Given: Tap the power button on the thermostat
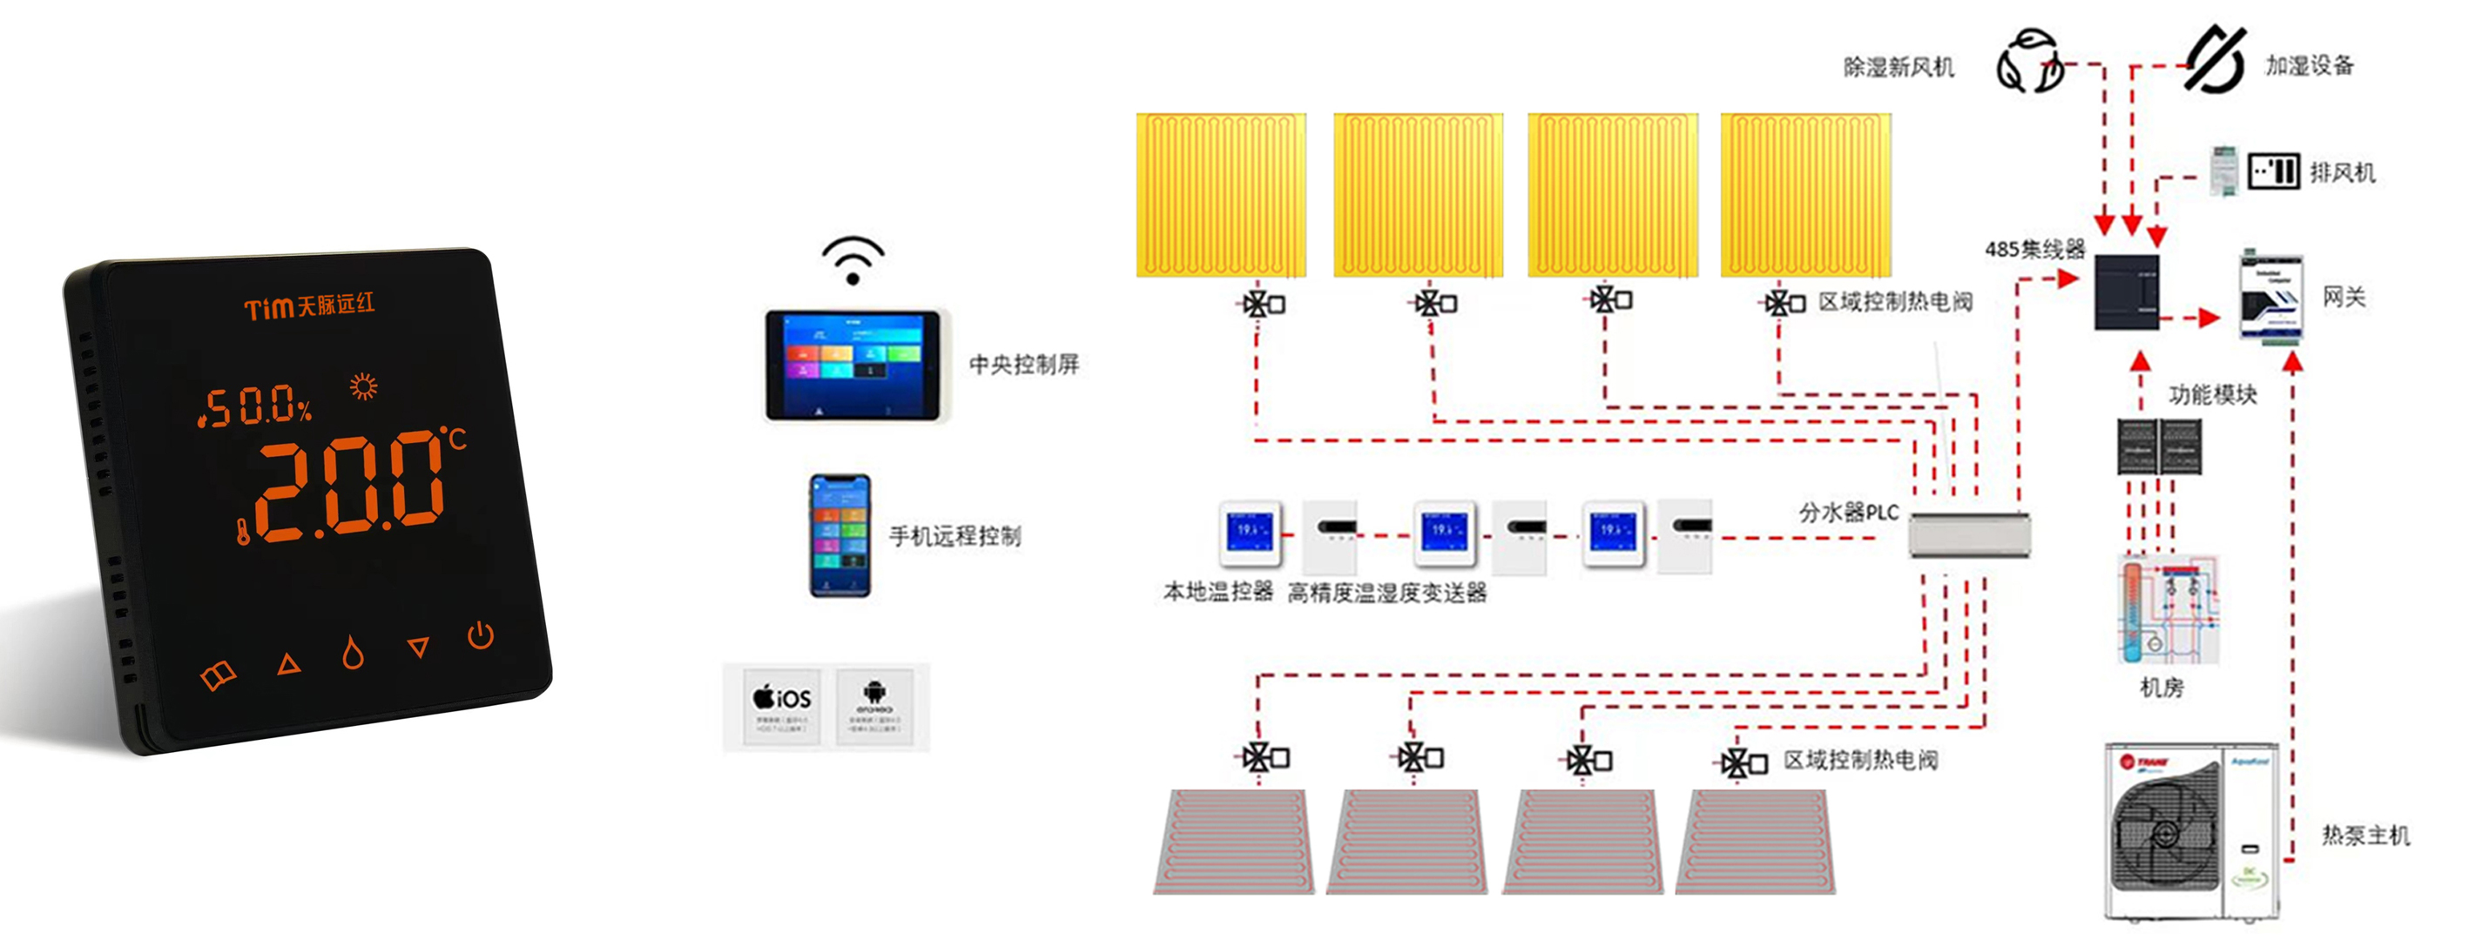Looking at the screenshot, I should point(480,635).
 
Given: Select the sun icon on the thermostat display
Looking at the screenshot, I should point(363,386).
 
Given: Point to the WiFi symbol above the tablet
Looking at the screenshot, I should point(852,260).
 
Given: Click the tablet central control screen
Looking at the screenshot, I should point(852,364).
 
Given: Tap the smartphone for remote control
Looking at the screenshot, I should point(840,535).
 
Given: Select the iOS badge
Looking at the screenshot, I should point(782,707).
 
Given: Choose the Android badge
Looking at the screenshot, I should point(874,707).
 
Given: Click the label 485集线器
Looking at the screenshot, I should point(2034,250).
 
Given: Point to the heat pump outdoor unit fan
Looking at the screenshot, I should point(2164,833).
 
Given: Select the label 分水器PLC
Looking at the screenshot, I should point(1848,513).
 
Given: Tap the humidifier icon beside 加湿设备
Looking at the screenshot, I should point(2215,59).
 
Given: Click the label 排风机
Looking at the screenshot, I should point(2342,173).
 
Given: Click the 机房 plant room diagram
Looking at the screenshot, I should point(2167,609).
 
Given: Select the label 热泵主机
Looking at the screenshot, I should point(2364,836).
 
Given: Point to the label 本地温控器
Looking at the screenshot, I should point(1218,592).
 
